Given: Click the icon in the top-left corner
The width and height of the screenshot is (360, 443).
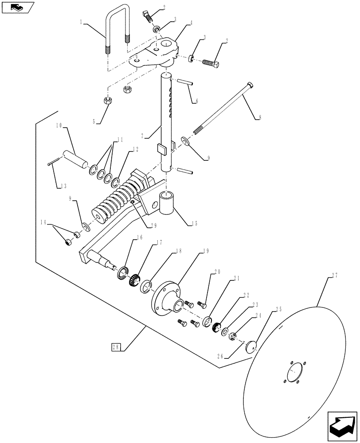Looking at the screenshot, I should [18, 7].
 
